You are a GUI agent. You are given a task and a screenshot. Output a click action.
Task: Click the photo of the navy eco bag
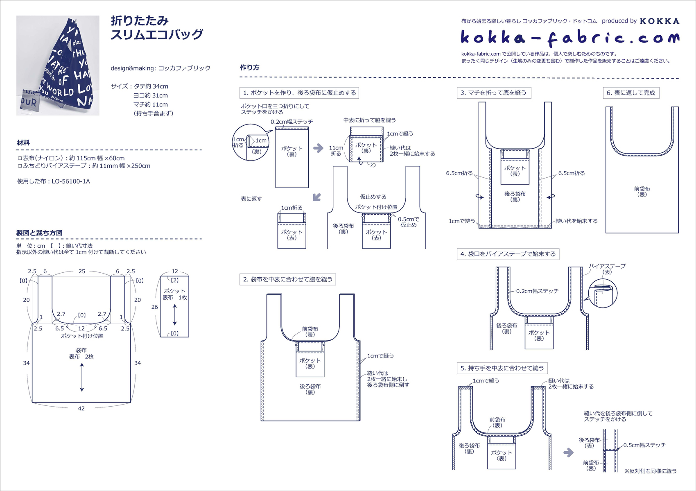pyautogui.click(x=58, y=66)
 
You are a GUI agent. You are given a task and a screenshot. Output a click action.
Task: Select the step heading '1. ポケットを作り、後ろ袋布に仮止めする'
pyautogui.click(x=299, y=93)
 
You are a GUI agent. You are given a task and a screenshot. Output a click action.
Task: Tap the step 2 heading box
pyautogui.click(x=288, y=280)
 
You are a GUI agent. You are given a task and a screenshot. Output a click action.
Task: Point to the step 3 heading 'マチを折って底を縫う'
pyautogui.click(x=493, y=93)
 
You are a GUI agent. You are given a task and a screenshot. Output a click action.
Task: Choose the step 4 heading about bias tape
pyautogui.click(x=508, y=254)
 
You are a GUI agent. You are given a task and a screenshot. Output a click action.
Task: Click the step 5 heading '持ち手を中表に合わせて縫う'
pyautogui.click(x=502, y=368)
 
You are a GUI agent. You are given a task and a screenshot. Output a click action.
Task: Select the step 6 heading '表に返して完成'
pyautogui.click(x=630, y=93)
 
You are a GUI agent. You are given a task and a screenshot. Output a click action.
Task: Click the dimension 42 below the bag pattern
pyautogui.click(x=81, y=408)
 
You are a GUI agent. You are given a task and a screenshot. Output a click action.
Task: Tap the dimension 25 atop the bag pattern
pyautogui.click(x=82, y=271)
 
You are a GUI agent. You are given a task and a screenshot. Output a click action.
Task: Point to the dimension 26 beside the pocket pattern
pyautogui.click(x=154, y=307)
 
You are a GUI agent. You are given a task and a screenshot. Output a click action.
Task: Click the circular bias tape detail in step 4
pyautogui.click(x=602, y=293)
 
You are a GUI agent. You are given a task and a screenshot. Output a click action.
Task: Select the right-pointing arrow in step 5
pyautogui.click(x=568, y=453)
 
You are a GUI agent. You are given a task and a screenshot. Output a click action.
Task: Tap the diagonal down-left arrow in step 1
pyautogui.click(x=316, y=197)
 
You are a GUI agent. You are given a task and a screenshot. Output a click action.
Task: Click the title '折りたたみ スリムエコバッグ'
pyautogui.click(x=157, y=27)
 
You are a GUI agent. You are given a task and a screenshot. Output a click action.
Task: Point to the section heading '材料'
pyautogui.click(x=23, y=143)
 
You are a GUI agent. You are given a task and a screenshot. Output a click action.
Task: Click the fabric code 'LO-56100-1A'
pyautogui.click(x=70, y=181)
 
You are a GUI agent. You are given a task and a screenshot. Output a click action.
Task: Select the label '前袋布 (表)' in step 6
pyautogui.click(x=642, y=192)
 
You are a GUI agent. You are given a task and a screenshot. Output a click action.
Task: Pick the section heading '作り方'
pyautogui.click(x=249, y=68)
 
